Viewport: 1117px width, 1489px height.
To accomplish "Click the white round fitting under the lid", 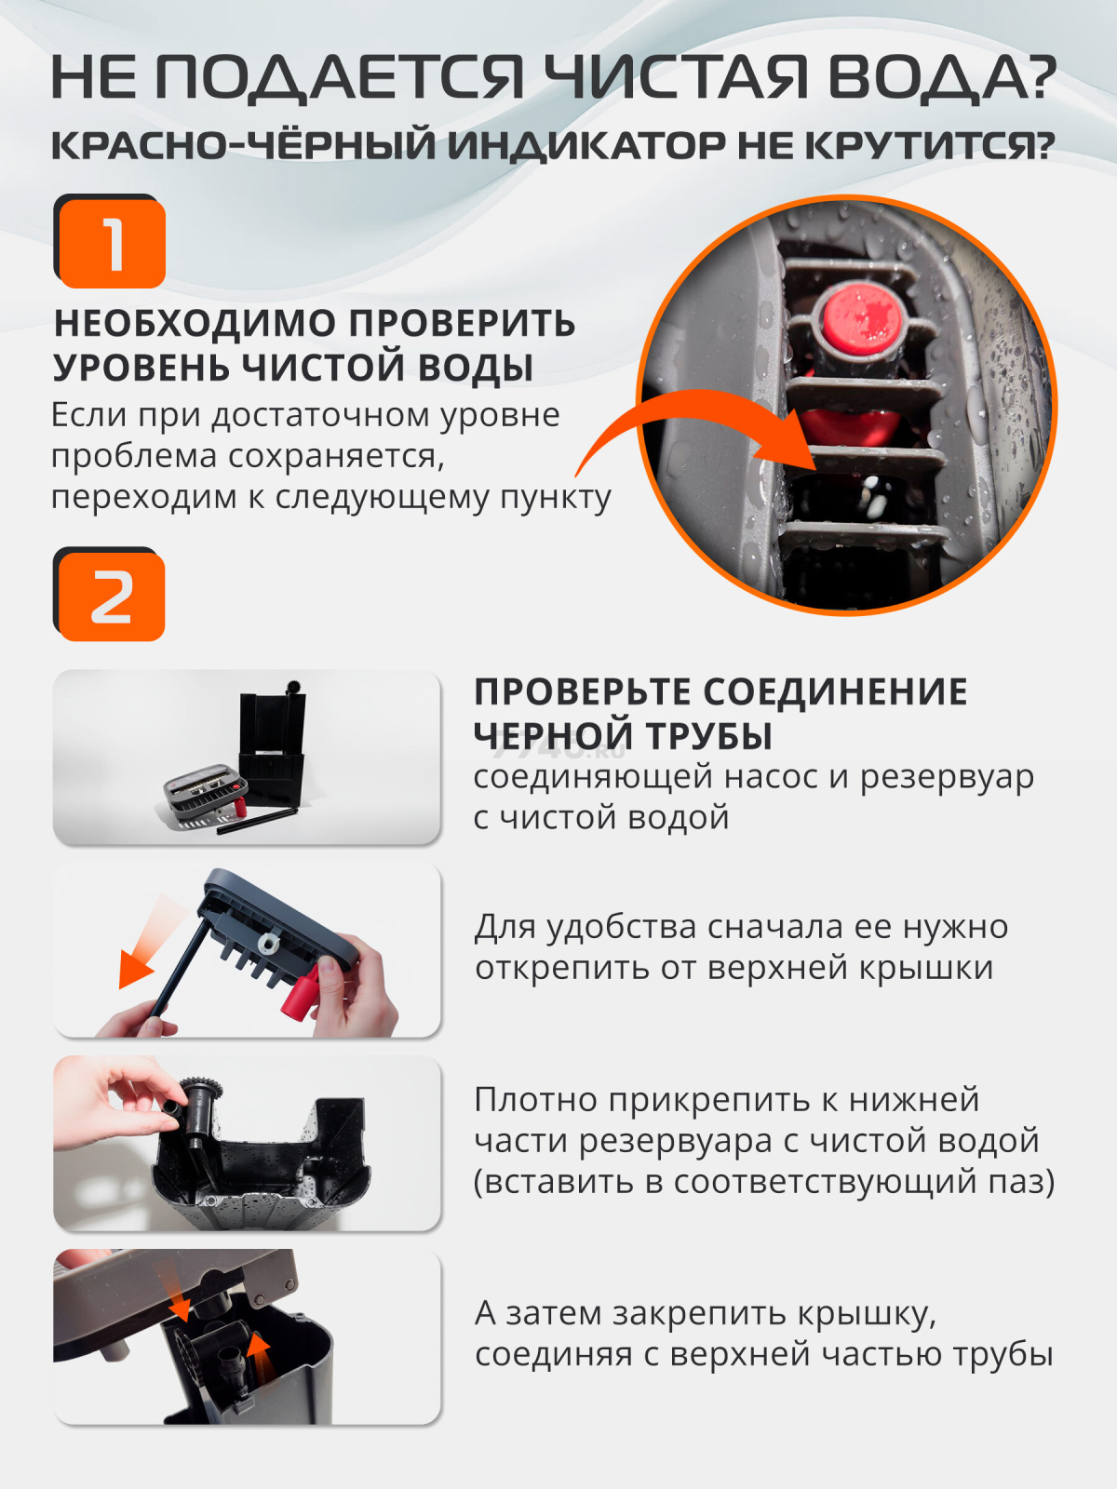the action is (269, 942).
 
